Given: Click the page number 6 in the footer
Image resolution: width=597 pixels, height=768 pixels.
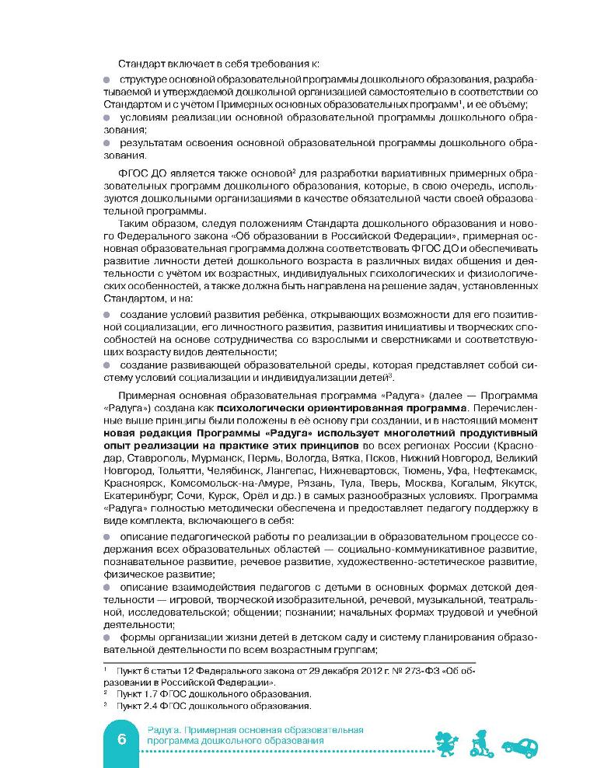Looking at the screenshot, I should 123,738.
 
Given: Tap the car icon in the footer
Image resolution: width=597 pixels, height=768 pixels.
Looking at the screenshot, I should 520,745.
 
